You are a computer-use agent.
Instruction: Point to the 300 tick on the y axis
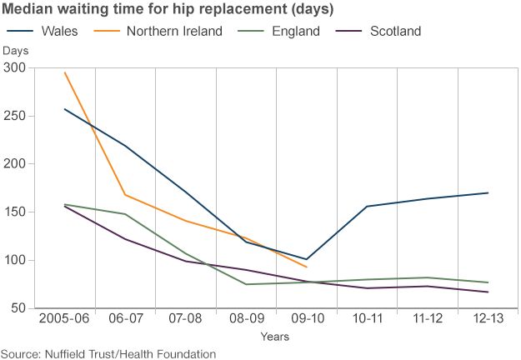[13, 67]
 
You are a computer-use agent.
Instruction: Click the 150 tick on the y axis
[13, 212]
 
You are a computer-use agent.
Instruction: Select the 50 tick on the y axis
[17, 309]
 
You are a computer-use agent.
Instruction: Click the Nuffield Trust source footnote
[108, 353]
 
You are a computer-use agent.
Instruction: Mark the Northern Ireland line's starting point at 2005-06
[65, 72]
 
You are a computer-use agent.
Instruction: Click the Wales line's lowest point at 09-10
[307, 259]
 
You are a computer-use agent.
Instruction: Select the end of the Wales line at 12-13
[488, 192]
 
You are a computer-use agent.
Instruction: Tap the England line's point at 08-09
[247, 284]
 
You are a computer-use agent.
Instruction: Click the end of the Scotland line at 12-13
[488, 292]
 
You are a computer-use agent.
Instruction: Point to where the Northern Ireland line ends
[307, 267]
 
